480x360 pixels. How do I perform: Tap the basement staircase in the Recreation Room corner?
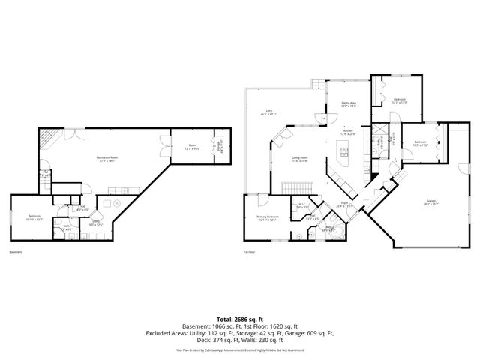tap(46, 138)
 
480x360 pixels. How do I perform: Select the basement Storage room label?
tap(220, 145)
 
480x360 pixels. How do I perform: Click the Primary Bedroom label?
tap(257, 218)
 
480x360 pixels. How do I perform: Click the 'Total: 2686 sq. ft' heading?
tap(239, 319)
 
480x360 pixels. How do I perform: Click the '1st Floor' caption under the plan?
tap(250, 253)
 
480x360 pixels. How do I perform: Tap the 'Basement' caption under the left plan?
tap(15, 253)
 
